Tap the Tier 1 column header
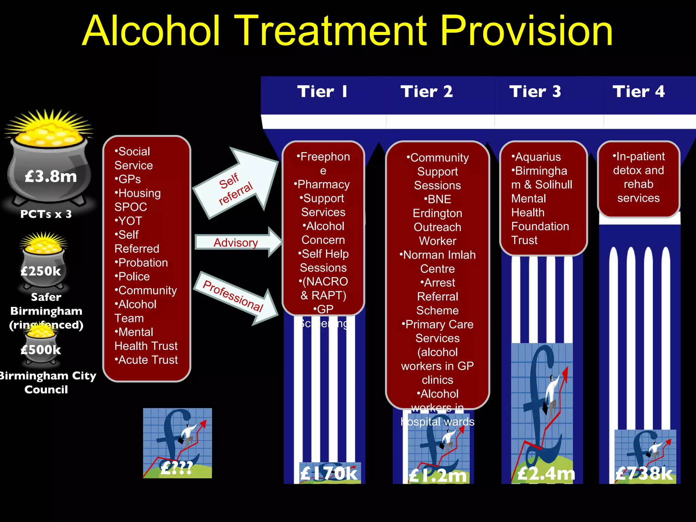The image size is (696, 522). point(322,91)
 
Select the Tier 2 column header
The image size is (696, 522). point(427,91)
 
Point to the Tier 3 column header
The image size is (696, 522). point(535,91)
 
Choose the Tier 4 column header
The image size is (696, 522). point(639,91)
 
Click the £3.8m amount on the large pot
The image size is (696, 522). point(51,176)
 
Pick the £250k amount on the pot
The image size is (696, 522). point(41,271)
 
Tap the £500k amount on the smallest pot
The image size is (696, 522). point(41,350)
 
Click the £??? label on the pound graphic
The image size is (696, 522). point(177,468)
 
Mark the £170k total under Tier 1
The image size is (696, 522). point(329,473)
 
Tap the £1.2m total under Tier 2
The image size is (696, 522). point(437,475)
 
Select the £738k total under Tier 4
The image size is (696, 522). point(644,473)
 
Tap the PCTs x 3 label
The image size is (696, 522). point(46,214)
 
